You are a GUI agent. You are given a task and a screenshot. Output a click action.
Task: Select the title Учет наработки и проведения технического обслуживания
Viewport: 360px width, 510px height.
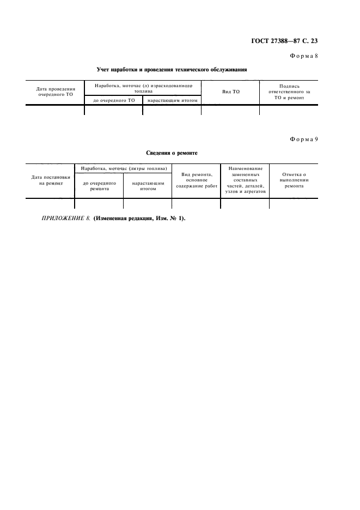[x=172, y=69]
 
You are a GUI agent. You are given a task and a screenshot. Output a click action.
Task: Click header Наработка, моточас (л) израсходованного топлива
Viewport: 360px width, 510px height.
[x=142, y=88]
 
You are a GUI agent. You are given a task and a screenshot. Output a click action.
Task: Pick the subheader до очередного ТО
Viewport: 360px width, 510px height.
[x=113, y=100]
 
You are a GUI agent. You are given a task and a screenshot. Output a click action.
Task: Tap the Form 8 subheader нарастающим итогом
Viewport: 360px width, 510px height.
[x=172, y=100]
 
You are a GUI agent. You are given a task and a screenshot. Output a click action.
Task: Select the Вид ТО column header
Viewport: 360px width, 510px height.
[x=230, y=92]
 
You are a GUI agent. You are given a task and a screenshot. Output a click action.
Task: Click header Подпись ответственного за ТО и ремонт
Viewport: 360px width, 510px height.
[x=289, y=92]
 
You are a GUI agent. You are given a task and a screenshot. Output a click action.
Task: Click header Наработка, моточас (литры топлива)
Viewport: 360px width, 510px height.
[x=123, y=169]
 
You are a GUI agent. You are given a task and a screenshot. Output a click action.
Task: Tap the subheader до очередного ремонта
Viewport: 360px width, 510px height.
[x=99, y=186]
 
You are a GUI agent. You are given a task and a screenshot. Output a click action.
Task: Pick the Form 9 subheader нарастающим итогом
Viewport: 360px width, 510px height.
[x=148, y=186]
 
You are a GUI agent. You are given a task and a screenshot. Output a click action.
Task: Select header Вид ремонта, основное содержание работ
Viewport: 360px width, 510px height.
[x=196, y=180]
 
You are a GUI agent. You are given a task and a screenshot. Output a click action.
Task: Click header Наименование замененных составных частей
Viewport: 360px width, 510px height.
[x=245, y=180]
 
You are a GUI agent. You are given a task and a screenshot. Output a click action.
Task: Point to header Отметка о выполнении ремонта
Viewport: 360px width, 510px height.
[x=294, y=180]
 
